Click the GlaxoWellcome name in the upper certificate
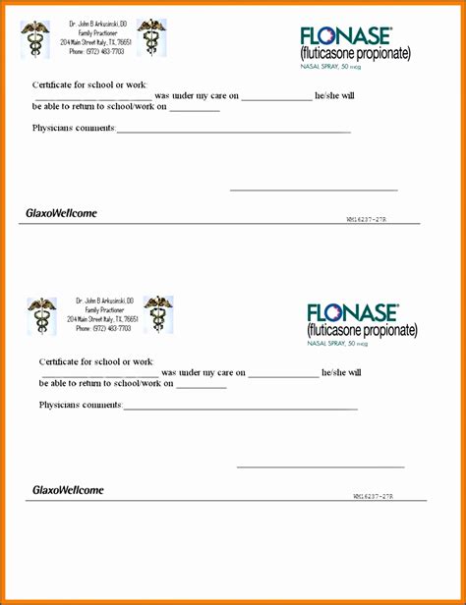[x=61, y=213]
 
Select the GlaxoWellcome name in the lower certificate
[x=68, y=489]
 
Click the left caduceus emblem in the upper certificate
[x=35, y=38]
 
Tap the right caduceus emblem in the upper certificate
[x=151, y=37]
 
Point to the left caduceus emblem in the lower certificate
[x=42, y=315]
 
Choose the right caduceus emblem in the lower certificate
[x=158, y=314]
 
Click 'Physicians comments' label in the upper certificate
[x=74, y=129]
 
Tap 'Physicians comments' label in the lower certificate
[x=81, y=405]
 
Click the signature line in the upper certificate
[x=314, y=190]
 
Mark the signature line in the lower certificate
[x=320, y=467]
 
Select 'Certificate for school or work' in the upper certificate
[x=88, y=85]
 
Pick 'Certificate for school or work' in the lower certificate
[x=95, y=362]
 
